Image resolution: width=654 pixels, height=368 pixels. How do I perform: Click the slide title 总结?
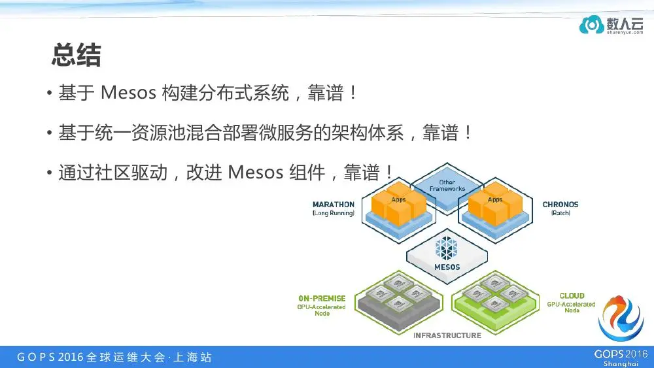(x=77, y=55)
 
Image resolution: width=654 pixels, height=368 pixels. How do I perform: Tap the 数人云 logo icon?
(x=591, y=25)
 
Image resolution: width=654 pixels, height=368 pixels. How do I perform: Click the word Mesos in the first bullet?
(x=128, y=93)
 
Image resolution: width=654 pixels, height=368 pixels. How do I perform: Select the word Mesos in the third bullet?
(x=256, y=172)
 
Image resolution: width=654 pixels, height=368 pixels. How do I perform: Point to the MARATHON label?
(x=334, y=205)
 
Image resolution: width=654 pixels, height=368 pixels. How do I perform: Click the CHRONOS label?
(x=560, y=205)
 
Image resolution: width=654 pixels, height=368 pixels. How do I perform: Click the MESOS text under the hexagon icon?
(x=447, y=267)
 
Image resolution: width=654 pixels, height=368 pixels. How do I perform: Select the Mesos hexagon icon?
(x=446, y=248)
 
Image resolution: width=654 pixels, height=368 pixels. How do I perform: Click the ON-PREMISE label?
(x=322, y=299)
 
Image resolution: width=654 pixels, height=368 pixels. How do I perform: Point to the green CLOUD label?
(x=572, y=295)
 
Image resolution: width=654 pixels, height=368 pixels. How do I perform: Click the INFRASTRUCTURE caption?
(x=447, y=335)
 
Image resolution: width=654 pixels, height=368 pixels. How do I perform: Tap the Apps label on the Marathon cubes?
(x=398, y=199)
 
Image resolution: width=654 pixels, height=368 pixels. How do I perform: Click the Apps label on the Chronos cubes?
(x=495, y=199)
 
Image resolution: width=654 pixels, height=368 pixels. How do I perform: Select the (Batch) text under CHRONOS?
(x=560, y=213)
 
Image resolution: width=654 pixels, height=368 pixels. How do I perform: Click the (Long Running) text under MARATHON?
(x=334, y=213)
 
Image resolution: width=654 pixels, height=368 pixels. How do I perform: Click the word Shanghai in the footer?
(x=621, y=364)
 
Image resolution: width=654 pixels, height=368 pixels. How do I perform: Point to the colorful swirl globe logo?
(x=621, y=318)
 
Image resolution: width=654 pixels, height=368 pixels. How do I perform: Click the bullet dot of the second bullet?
(x=50, y=133)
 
